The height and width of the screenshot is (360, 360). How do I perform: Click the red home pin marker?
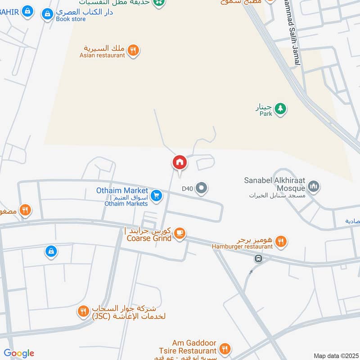coord(180,162)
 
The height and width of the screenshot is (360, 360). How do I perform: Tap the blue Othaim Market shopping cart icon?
coord(156,195)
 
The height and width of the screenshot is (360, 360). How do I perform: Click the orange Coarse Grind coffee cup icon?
coord(180,233)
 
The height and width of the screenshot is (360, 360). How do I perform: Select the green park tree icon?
coord(280,108)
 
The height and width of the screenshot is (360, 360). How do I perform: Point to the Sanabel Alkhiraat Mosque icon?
coord(314,186)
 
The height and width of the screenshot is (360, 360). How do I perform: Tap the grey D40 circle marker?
coord(202,188)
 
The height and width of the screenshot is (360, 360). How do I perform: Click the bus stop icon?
coord(258,259)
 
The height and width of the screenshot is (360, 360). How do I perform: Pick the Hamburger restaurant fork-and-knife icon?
coord(281,242)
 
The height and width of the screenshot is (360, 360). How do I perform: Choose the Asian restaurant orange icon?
coord(133,51)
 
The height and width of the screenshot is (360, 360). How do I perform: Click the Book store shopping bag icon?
coord(47,15)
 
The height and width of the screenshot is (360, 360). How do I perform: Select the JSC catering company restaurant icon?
coord(83,310)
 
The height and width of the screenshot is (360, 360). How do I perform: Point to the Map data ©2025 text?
coord(335,355)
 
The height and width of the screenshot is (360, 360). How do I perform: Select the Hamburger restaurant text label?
coord(243,246)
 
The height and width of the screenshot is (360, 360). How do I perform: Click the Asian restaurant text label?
coord(102,55)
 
